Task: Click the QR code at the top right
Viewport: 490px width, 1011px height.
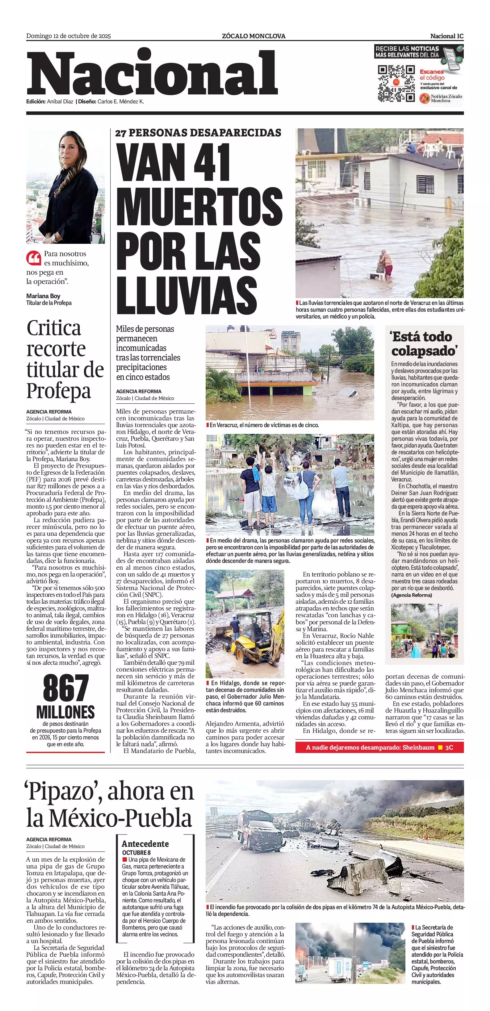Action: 396,83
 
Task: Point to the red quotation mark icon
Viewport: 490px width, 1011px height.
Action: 34,258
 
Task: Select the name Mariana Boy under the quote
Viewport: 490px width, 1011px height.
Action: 43,296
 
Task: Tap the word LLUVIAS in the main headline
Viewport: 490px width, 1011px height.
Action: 186,294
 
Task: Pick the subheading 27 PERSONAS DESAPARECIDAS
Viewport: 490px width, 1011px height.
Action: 198,133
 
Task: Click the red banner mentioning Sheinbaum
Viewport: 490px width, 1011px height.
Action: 379,747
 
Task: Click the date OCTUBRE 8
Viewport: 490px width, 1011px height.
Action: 136,852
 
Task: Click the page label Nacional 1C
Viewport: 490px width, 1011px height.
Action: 446,36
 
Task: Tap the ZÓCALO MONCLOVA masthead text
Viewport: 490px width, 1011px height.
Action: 253,36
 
